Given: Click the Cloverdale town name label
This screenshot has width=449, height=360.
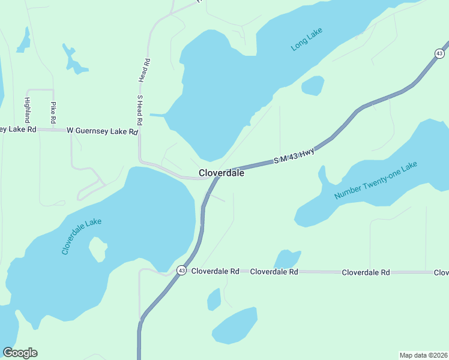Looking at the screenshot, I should point(221,173).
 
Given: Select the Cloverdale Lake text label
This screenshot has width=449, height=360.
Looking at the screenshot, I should point(82,236).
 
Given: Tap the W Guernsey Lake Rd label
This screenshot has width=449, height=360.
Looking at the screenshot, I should point(103,130).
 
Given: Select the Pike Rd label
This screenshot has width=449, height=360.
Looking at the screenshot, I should point(53,113).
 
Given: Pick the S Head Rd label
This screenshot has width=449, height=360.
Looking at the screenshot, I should point(140,109).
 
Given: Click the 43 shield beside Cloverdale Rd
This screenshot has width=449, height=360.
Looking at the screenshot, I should point(181,271).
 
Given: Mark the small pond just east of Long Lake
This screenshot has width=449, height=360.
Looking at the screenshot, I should point(313,86).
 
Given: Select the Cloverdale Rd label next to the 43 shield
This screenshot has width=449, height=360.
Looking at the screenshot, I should point(215,272).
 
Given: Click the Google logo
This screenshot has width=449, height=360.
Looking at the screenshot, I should point(20,353).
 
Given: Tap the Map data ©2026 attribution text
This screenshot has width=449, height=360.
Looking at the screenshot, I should point(423,355).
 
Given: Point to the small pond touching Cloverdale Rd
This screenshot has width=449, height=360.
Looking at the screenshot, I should point(288,259).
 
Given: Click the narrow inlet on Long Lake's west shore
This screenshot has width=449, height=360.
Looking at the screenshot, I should point(158,115).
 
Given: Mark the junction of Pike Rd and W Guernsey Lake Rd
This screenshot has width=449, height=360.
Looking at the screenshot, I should point(53,130).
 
